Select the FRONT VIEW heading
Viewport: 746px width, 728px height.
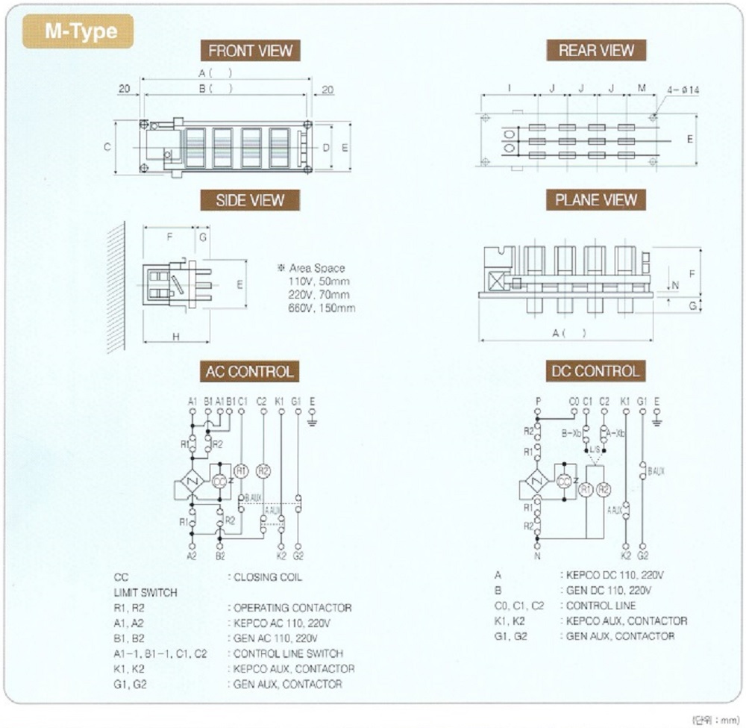[250, 51]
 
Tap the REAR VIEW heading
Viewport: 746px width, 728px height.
[596, 51]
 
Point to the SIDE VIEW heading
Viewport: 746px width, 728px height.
[250, 200]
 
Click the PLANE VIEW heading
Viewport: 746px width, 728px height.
[596, 200]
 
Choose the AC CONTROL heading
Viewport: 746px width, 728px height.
[250, 371]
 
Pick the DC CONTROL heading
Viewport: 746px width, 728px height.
[596, 371]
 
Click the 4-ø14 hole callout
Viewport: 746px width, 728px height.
[683, 90]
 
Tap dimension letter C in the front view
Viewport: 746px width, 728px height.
[107, 147]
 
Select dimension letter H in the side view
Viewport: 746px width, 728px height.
[176, 337]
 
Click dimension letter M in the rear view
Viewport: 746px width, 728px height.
[642, 89]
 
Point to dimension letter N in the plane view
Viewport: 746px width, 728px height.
[675, 284]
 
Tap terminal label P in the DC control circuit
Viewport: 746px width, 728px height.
[538, 402]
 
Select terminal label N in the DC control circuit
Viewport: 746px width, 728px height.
[537, 556]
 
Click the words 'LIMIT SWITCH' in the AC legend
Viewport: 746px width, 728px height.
[145, 593]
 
